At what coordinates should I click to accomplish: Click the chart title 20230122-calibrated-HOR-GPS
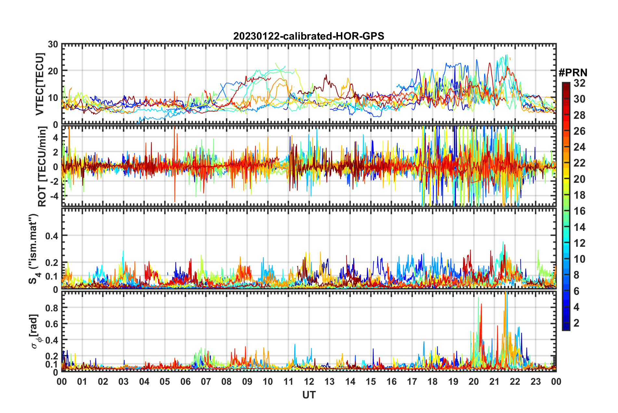(309, 36)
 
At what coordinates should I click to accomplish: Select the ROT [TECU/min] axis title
(42, 167)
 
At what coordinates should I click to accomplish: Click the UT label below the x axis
(309, 395)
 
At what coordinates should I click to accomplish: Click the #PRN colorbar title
(573, 72)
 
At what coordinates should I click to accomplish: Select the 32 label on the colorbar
(579, 83)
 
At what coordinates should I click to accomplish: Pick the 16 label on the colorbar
(579, 211)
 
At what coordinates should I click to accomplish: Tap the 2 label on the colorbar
(576, 323)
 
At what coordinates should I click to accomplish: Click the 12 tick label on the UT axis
(309, 382)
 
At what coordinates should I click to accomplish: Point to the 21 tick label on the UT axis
(494, 382)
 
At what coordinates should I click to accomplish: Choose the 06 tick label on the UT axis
(185, 382)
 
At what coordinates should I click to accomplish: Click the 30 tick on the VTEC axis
(53, 44)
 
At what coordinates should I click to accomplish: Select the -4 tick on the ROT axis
(55, 196)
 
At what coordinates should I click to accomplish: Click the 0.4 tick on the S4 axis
(52, 236)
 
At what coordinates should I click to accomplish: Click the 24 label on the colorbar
(579, 147)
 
